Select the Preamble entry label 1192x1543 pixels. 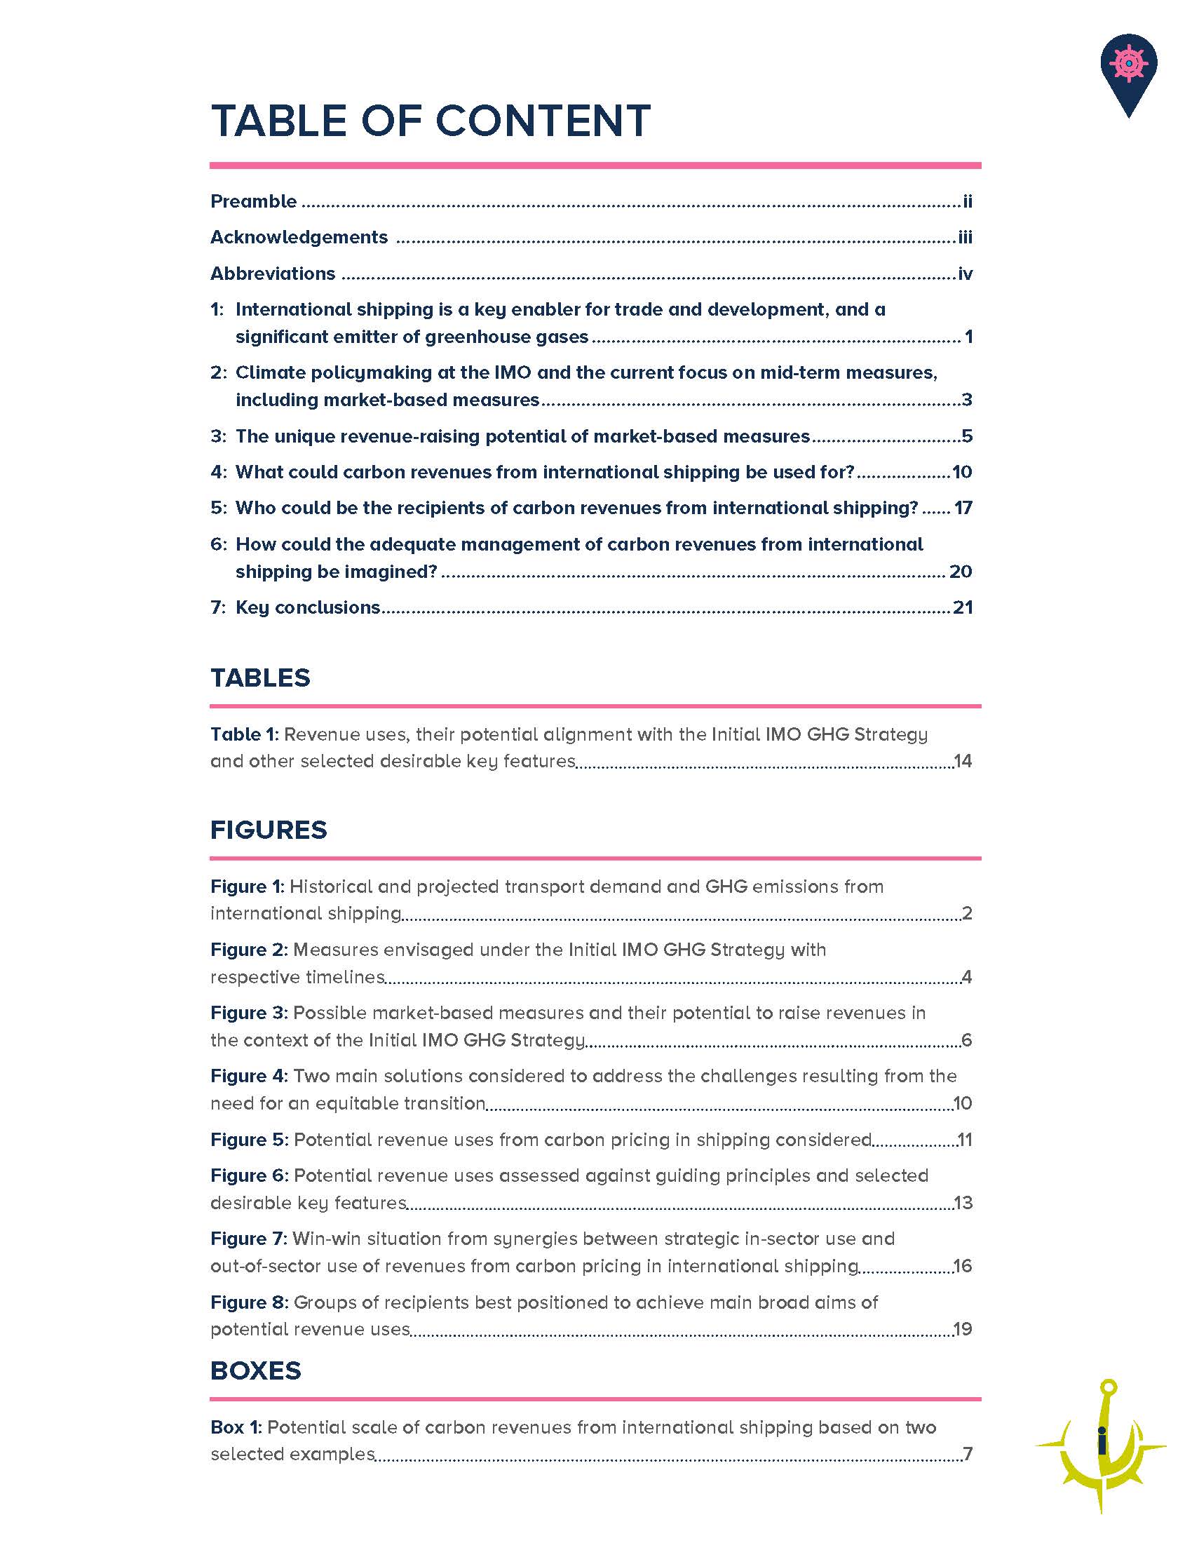point(254,201)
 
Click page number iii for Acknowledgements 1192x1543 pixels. point(965,237)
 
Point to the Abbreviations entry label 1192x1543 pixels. point(273,274)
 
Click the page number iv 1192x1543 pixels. point(965,274)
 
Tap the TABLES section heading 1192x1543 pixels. point(260,678)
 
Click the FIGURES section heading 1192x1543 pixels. point(269,830)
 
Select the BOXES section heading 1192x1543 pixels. point(256,1370)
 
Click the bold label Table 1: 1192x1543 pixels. point(245,734)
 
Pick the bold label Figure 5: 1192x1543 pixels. point(250,1140)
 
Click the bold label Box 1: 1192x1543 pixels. point(236,1427)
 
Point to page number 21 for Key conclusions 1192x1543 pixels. point(963,607)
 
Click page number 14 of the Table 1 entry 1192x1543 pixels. point(963,761)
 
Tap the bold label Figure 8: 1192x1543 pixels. point(250,1302)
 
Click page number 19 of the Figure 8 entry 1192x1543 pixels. point(963,1329)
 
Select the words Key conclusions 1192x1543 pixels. point(308,607)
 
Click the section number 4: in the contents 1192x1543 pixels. point(218,472)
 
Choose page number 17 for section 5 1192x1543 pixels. point(963,508)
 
